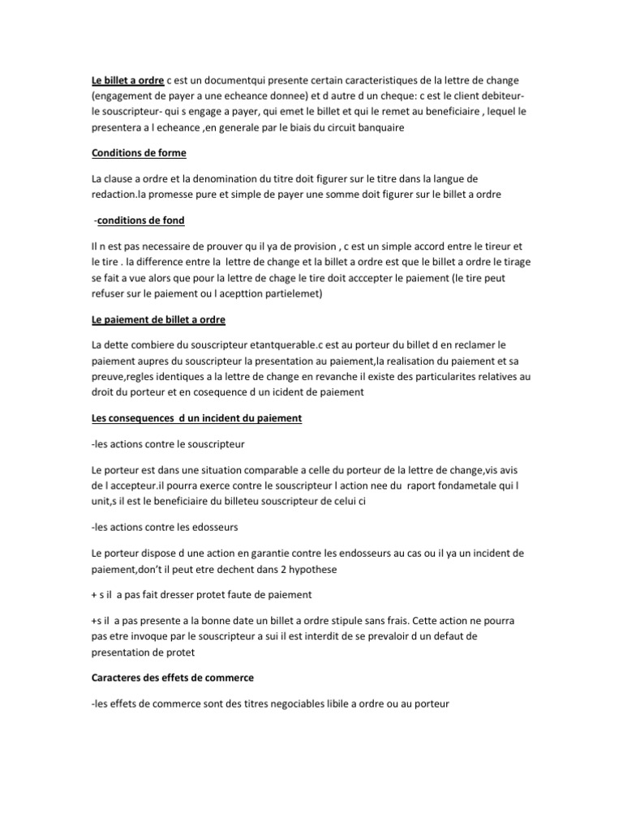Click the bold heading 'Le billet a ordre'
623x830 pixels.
(x=127, y=80)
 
